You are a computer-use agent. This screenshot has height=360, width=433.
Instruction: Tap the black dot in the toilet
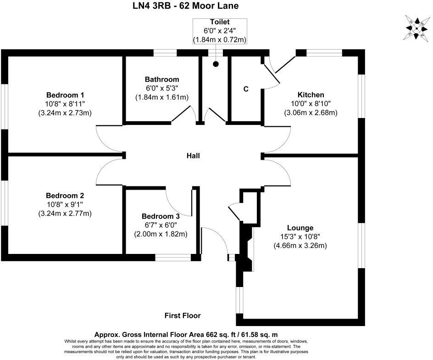(x=216, y=64)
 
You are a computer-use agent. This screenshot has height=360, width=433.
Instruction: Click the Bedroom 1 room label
(x=65, y=95)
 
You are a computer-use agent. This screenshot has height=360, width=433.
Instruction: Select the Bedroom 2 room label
(x=65, y=195)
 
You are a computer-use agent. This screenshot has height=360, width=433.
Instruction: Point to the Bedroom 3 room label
(x=160, y=216)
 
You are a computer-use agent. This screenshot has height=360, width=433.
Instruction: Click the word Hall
(x=193, y=156)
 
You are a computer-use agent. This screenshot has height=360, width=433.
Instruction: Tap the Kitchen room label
(x=311, y=95)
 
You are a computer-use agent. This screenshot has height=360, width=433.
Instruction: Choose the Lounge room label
(x=300, y=228)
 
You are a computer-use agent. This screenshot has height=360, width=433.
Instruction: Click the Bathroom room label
(x=162, y=79)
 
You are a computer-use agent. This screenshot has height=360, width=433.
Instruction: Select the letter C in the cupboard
(x=246, y=89)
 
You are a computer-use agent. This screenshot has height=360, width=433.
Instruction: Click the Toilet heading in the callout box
(x=220, y=22)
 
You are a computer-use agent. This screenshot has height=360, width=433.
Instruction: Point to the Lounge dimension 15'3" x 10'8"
(x=300, y=237)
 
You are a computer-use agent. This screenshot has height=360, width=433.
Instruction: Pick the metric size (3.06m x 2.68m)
(x=311, y=112)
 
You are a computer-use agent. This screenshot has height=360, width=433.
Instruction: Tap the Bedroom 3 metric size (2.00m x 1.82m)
(x=161, y=234)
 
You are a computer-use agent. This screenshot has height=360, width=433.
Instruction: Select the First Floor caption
(x=183, y=315)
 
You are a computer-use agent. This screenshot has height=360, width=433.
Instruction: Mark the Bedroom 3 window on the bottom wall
(x=173, y=258)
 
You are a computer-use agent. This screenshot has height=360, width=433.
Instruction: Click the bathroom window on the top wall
(x=165, y=53)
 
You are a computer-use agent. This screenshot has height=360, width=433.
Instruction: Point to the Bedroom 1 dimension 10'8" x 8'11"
(x=65, y=104)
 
